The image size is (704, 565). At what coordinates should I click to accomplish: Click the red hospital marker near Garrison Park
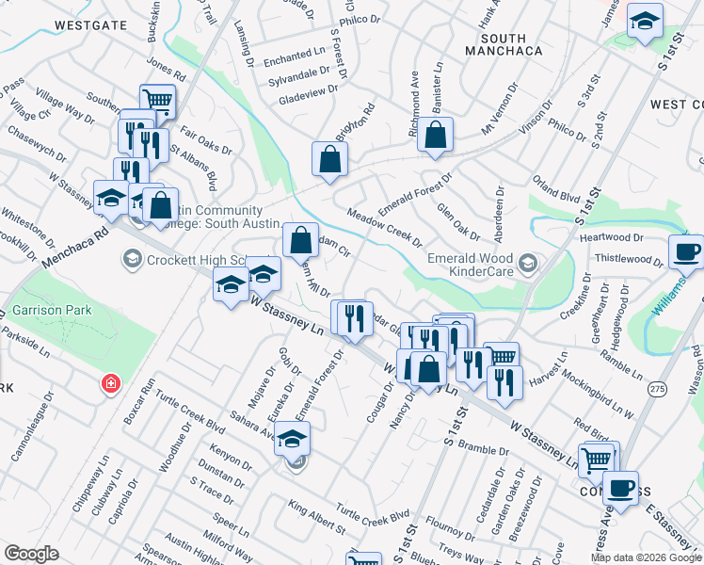(x=111, y=384)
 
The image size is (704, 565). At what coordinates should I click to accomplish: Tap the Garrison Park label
(x=43, y=309)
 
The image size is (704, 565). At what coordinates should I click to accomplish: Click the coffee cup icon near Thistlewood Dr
(x=685, y=251)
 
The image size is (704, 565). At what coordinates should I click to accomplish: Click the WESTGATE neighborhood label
(x=90, y=24)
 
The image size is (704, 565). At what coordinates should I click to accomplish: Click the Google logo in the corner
(x=31, y=554)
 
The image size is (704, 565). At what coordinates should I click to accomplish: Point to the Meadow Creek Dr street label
(x=384, y=228)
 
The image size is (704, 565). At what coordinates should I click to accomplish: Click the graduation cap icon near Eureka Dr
(x=293, y=438)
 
